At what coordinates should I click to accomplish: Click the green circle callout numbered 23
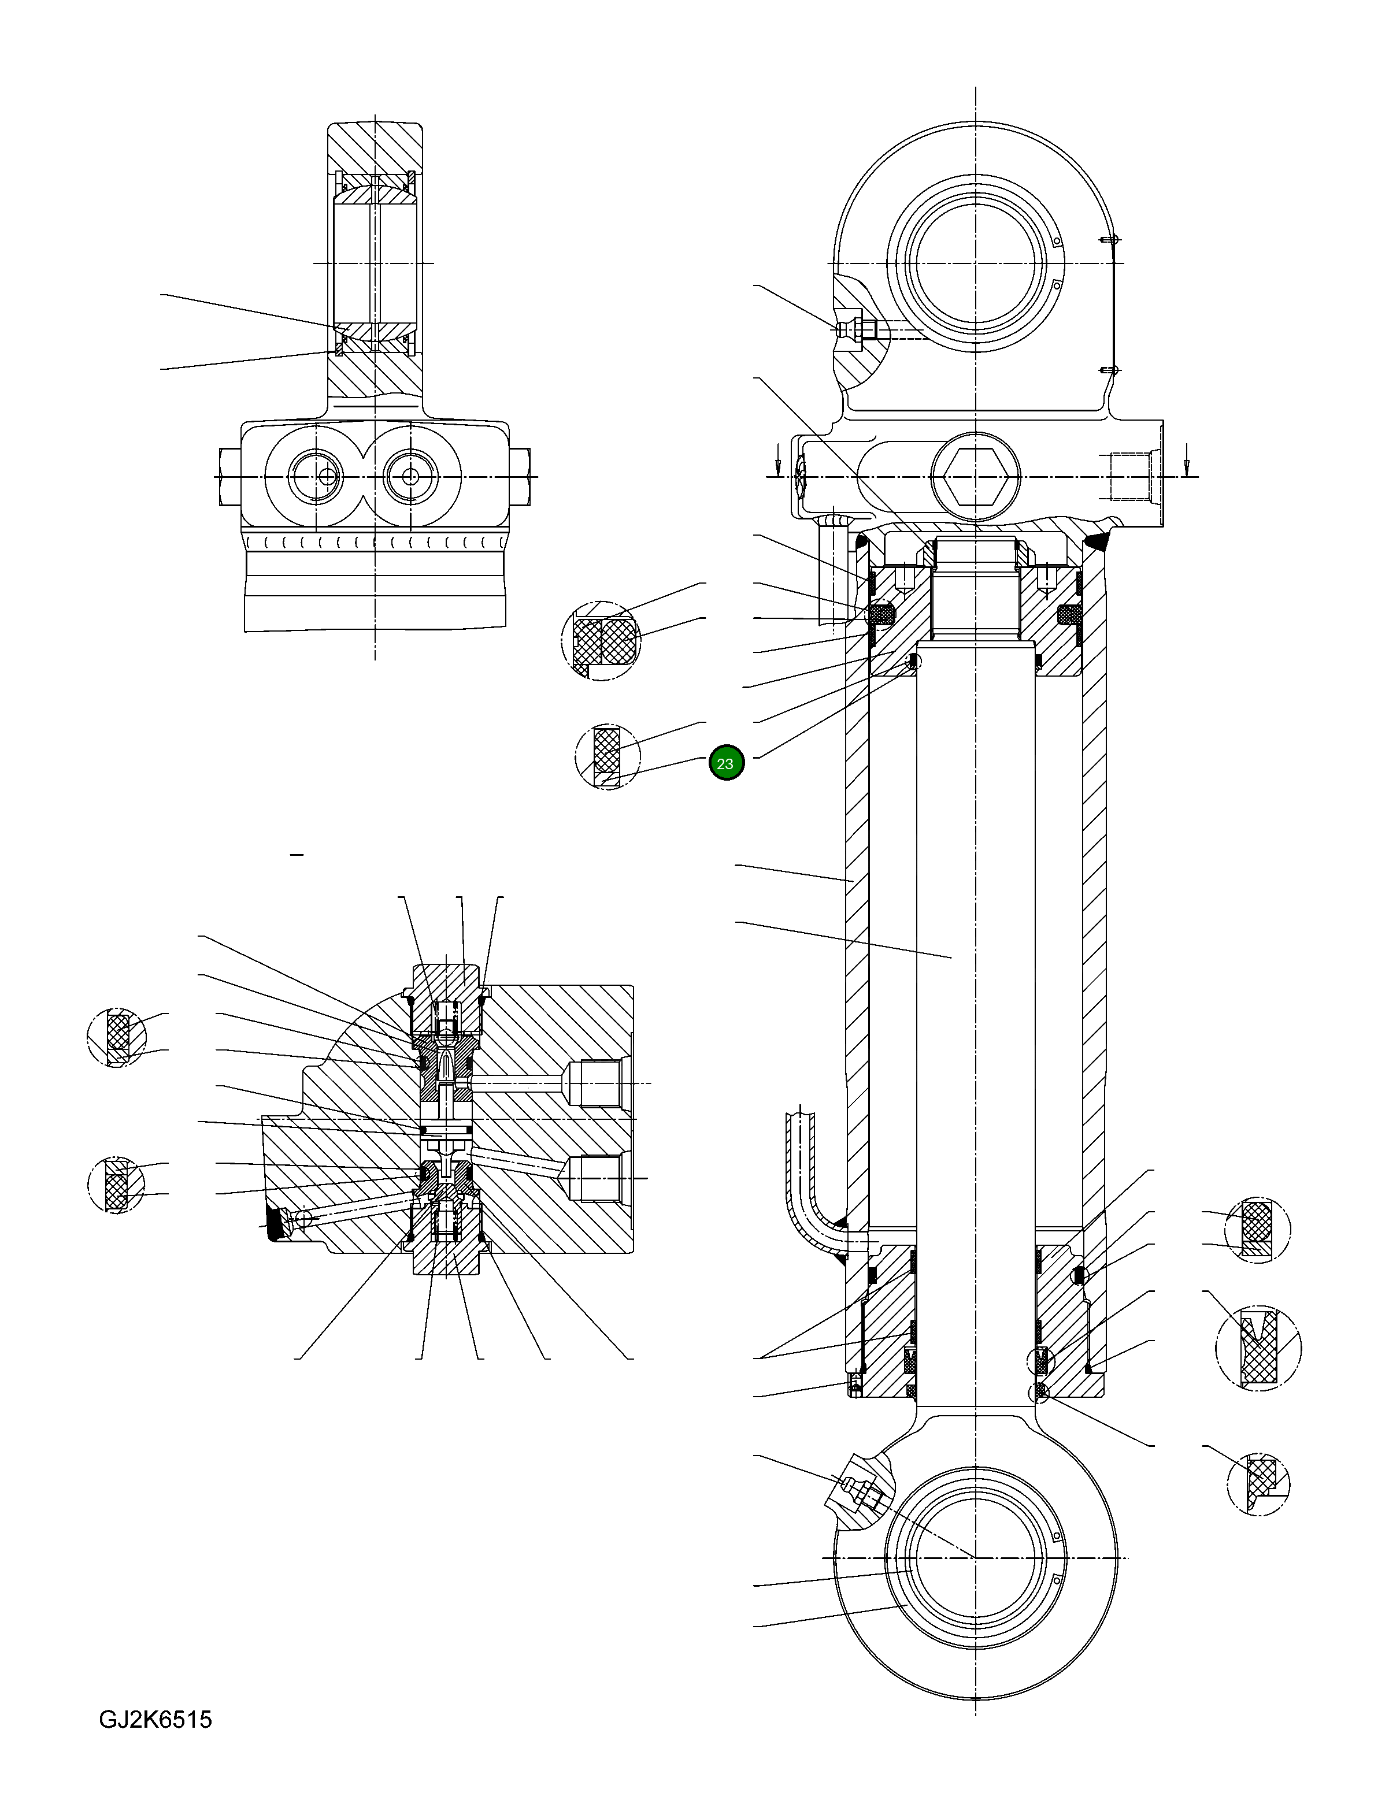click(x=727, y=764)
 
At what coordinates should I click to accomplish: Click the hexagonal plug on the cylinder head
click(x=976, y=478)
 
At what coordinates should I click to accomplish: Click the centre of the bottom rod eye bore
click(x=976, y=1558)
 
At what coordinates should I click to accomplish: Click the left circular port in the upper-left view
click(x=314, y=477)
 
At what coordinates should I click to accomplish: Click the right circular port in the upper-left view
click(x=411, y=477)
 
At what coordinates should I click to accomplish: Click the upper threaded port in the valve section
click(x=593, y=1083)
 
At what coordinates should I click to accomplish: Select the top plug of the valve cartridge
click(x=447, y=983)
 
